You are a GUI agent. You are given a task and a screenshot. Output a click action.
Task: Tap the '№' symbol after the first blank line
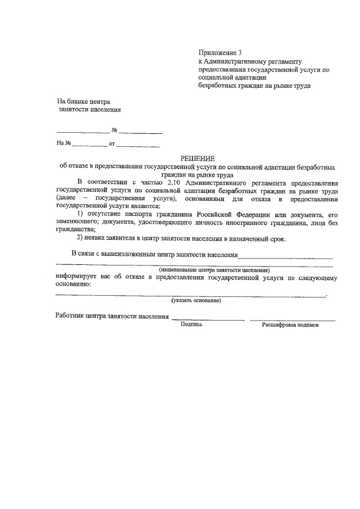(x=114, y=130)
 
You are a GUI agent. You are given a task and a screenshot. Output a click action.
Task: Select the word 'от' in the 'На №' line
(x=112, y=143)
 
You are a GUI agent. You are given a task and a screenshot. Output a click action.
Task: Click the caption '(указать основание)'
(x=192, y=301)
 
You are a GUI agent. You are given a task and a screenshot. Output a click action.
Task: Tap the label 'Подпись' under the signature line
(x=191, y=325)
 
